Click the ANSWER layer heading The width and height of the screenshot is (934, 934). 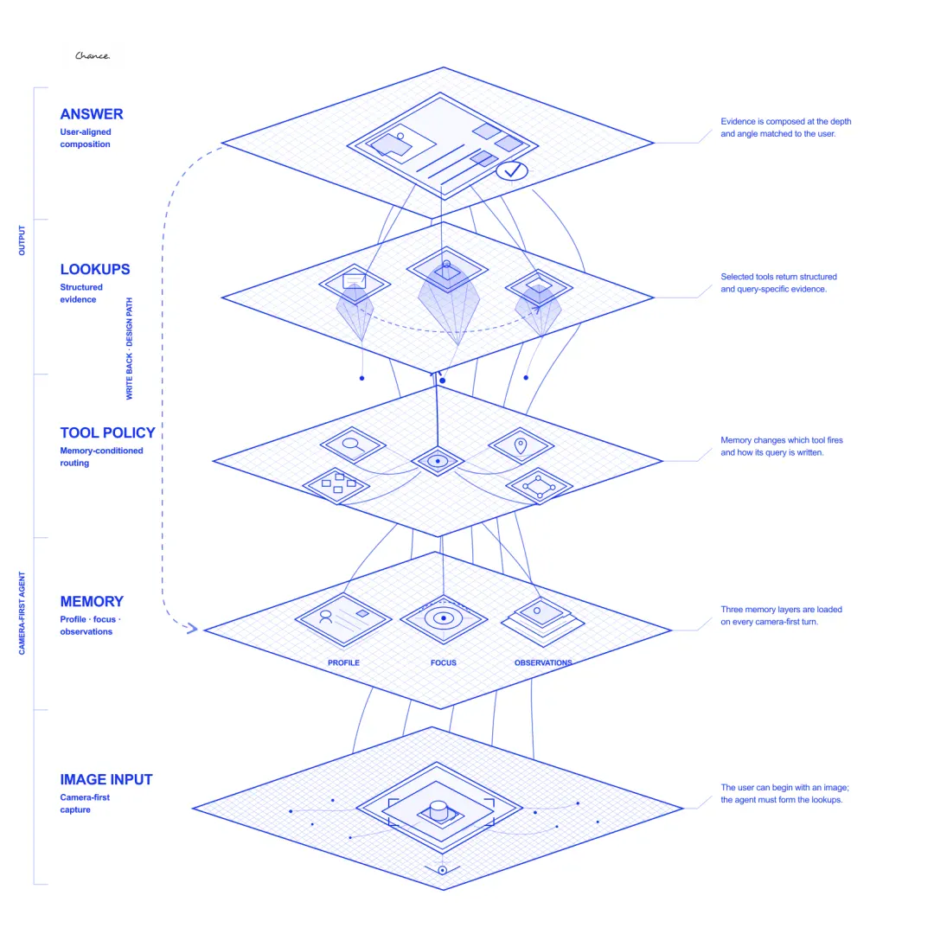pyautogui.click(x=91, y=114)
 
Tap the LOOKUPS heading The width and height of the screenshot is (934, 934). pyautogui.click(x=95, y=269)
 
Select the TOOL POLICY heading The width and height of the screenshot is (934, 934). pyautogui.click(x=107, y=432)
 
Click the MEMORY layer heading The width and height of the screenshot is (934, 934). pyautogui.click(x=92, y=601)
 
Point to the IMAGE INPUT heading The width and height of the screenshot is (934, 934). pyautogui.click(x=106, y=779)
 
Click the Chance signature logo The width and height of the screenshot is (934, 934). pyautogui.click(x=93, y=56)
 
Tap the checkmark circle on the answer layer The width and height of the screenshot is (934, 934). pyautogui.click(x=512, y=171)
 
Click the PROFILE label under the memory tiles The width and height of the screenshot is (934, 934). pyautogui.click(x=343, y=662)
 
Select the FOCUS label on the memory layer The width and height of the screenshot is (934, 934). pyautogui.click(x=443, y=662)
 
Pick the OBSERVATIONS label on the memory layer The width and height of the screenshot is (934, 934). pyautogui.click(x=543, y=662)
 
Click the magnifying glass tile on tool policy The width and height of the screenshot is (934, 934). pyautogui.click(x=353, y=445)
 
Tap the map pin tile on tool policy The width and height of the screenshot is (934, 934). pyautogui.click(x=521, y=445)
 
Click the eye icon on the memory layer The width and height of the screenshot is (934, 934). pyautogui.click(x=443, y=618)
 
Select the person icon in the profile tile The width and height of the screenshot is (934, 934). pyautogui.click(x=325, y=617)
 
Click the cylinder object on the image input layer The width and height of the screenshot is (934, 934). pyautogui.click(x=438, y=810)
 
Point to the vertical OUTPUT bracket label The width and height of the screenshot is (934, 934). pyautogui.click(x=22, y=240)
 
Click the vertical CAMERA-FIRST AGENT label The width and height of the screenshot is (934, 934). pyautogui.click(x=22, y=613)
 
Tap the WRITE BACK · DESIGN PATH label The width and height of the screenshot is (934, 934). pyautogui.click(x=129, y=349)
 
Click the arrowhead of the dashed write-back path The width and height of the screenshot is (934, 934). pyautogui.click(x=191, y=628)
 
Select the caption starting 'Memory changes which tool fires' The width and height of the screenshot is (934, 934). pyautogui.click(x=782, y=446)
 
